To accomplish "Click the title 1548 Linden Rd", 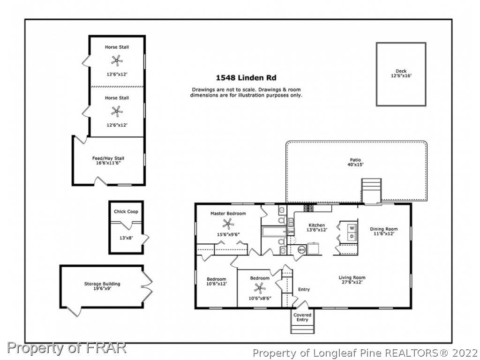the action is tap(246, 78).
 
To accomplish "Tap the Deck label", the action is tap(401, 71).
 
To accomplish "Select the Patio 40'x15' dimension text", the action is tap(355, 165).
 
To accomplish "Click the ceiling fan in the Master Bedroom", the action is tap(228, 224).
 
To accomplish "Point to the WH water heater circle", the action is tap(301, 250).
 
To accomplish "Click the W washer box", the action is tap(352, 228).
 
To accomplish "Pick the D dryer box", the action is tap(352, 236).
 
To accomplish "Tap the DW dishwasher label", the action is tap(291, 232).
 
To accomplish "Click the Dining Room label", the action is tap(384, 229).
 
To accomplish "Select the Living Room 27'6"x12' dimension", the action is tap(352, 282).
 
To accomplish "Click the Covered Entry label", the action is tap(302, 317).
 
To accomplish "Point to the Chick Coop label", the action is tap(126, 211).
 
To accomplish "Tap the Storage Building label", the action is tap(102, 284).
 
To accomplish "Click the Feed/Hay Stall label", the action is tap(108, 158).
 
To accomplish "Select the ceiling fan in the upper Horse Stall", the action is tap(117, 60).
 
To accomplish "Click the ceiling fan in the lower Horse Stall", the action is tap(117, 112).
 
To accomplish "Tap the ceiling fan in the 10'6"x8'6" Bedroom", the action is tap(260, 288).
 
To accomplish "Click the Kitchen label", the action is tap(316, 225).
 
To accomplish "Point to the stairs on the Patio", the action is tap(371, 190).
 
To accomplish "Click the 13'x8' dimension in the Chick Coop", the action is tap(126, 238).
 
